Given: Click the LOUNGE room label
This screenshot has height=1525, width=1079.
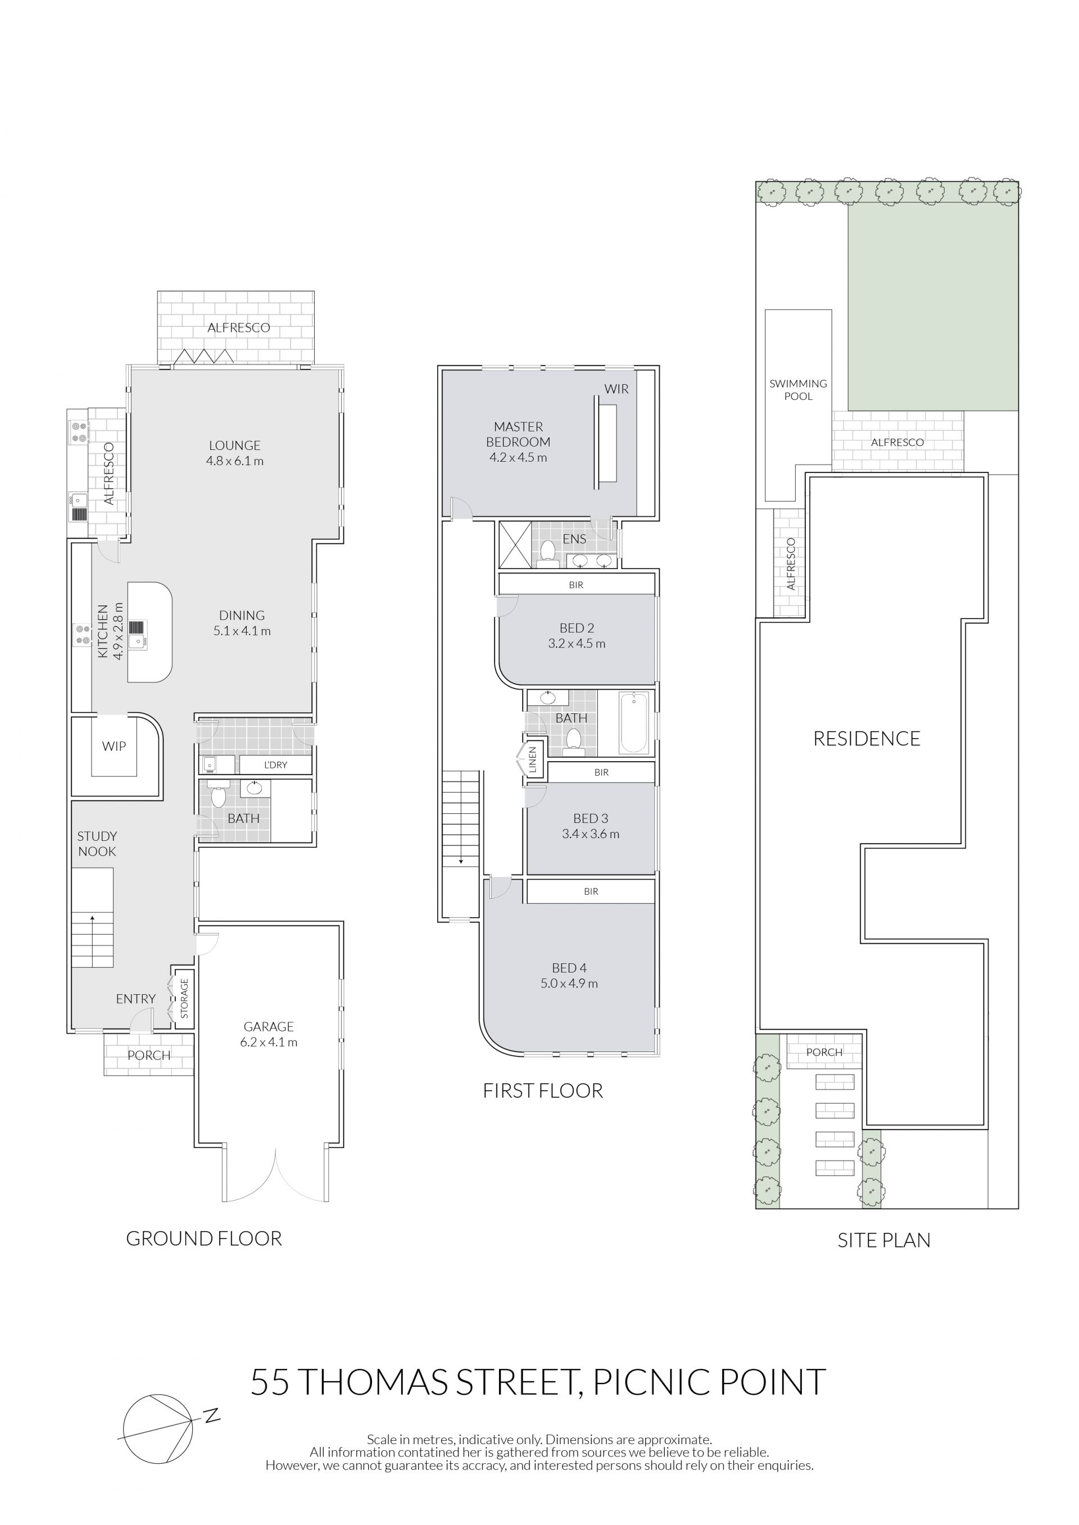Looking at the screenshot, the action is (234, 445).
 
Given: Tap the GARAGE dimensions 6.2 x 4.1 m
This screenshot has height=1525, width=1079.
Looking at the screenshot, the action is (269, 1042).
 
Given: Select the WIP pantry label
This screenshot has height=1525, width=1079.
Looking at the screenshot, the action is (114, 746).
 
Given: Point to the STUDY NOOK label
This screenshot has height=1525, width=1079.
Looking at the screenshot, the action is (97, 844).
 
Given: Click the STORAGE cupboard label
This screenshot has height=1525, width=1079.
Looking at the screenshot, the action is (184, 998).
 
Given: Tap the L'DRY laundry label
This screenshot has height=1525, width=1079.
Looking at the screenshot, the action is (276, 765).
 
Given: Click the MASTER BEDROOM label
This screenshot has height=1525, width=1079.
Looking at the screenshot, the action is (518, 434).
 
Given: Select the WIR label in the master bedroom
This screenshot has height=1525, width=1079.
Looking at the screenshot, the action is (616, 389).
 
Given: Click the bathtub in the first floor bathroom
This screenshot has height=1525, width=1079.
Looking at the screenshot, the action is (634, 723).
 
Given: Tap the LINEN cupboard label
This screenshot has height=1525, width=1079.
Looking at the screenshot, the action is (532, 761).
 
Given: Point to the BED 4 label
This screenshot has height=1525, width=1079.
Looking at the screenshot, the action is (569, 968).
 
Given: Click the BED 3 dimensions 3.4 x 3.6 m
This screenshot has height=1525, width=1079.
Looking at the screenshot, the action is (591, 834).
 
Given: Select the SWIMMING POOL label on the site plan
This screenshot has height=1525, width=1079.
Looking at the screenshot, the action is (798, 390).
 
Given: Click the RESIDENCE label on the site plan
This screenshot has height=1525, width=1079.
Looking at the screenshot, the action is (867, 739).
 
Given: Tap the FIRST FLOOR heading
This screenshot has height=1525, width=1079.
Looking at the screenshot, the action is (543, 1091).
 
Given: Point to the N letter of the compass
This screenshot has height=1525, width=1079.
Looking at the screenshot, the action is (212, 1415).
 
